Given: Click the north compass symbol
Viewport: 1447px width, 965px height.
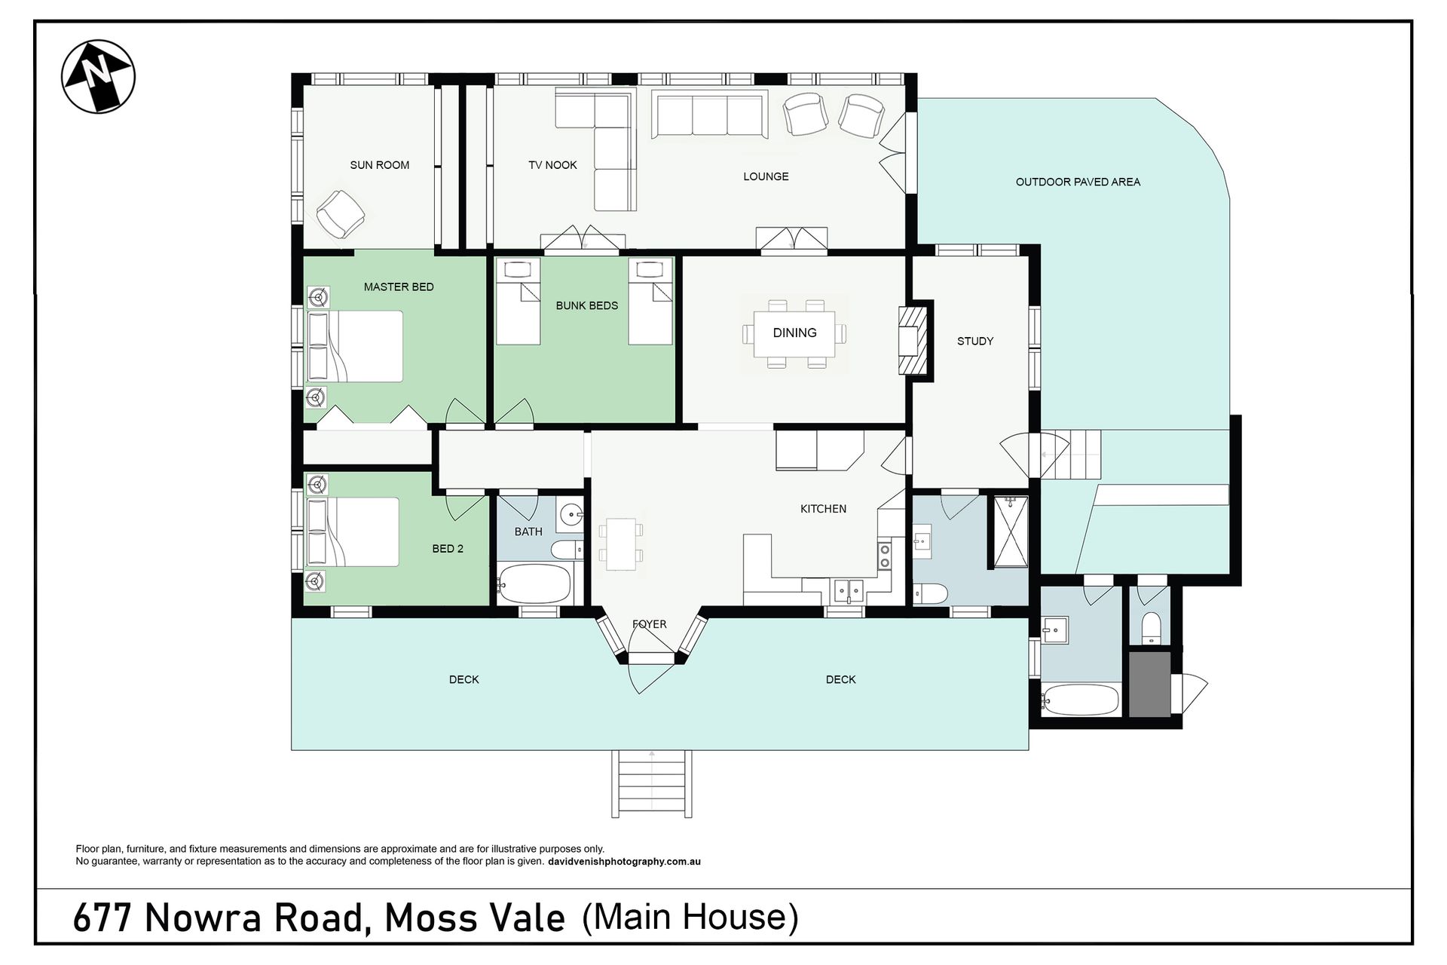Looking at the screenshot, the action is [x=98, y=76].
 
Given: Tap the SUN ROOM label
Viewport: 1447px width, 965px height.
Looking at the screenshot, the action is [x=380, y=165].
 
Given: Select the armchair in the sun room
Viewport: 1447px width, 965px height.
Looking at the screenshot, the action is [x=341, y=214].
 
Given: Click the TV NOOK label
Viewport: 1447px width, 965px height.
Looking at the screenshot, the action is [x=552, y=165].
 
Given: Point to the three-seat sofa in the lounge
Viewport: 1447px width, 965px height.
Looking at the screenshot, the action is [x=710, y=116].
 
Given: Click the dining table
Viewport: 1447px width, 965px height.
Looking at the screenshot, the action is [x=794, y=333].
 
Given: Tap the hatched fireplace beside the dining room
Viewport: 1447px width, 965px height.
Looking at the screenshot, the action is [x=912, y=340].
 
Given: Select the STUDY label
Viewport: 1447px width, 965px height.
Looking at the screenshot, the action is [x=975, y=342].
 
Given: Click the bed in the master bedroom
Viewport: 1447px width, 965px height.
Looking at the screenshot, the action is [x=354, y=346].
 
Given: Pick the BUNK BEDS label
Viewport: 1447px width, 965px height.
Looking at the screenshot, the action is [x=587, y=305].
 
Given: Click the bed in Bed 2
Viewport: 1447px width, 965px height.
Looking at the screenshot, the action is [x=352, y=532].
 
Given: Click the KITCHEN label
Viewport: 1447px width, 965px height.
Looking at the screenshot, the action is [x=823, y=509].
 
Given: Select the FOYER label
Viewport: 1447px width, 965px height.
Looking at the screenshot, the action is [x=650, y=624].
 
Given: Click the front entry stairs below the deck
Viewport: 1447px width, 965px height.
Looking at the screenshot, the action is [x=652, y=784].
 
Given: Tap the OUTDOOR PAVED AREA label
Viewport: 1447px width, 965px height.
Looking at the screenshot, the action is [x=1078, y=182].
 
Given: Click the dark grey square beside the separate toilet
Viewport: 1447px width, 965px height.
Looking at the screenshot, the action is [x=1149, y=684].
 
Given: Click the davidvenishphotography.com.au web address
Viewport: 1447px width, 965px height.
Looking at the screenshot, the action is [x=624, y=862].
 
